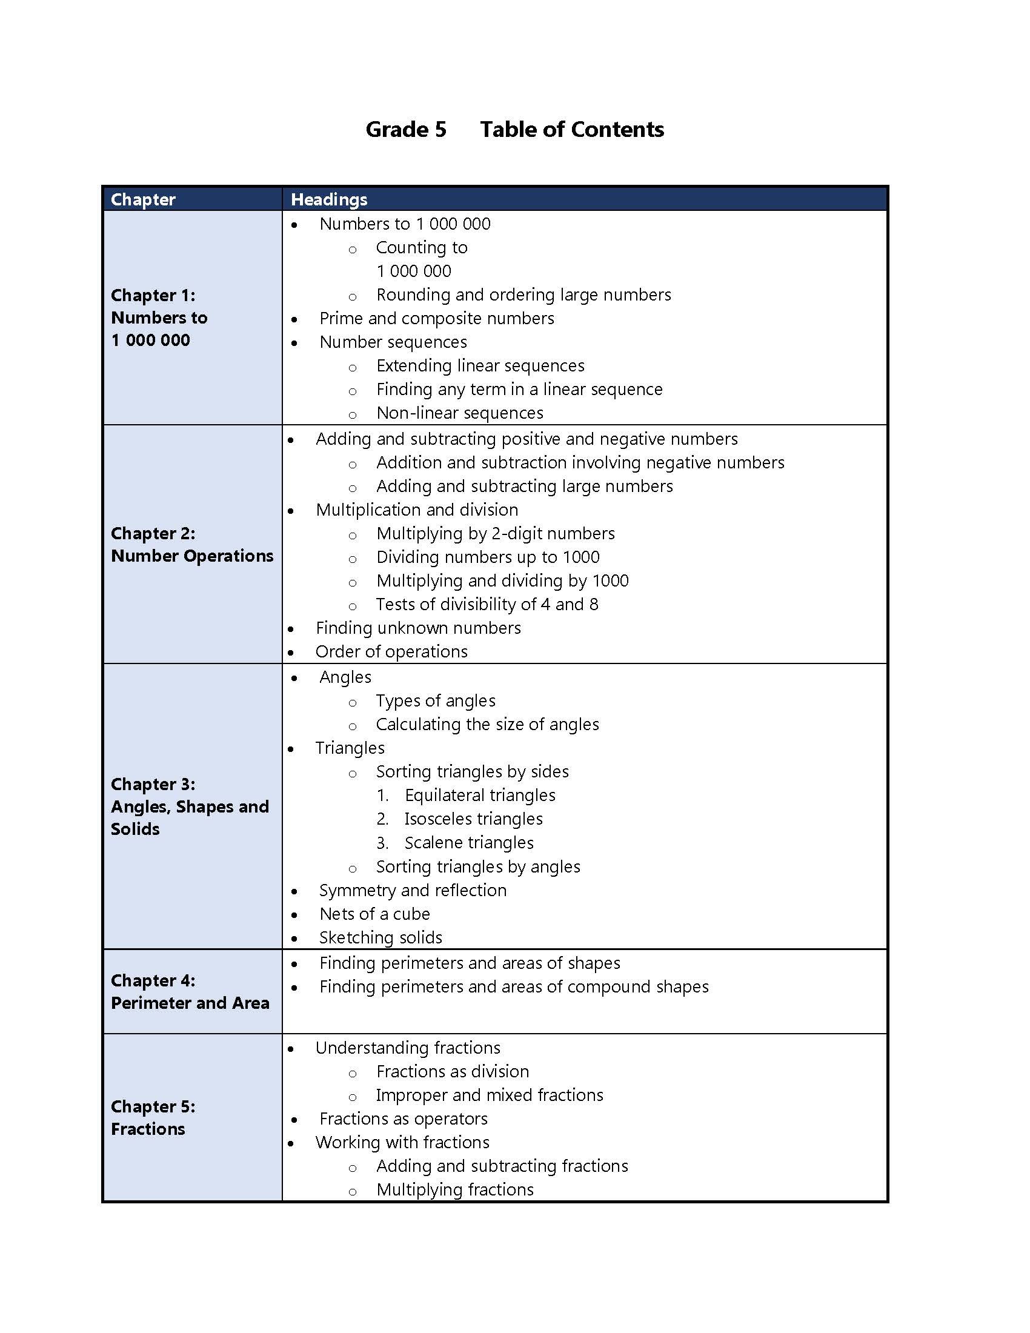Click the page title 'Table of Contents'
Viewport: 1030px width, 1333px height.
572,130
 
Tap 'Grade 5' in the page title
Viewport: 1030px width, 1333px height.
406,130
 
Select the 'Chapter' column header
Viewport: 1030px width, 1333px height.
143,199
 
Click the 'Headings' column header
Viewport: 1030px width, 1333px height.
329,199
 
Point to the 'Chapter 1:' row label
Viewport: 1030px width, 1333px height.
153,296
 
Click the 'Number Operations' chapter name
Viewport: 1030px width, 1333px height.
192,556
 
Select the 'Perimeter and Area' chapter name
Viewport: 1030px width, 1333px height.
190,1003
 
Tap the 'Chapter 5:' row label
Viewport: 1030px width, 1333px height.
153,1106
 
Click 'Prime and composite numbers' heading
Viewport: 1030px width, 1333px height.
436,319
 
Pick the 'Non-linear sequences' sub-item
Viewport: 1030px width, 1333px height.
459,413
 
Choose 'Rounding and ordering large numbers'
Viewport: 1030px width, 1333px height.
523,295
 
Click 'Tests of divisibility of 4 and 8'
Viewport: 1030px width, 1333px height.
487,604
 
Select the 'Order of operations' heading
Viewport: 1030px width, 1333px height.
391,652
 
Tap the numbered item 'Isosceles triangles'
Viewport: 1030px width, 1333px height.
474,819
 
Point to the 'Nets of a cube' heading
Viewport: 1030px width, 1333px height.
374,914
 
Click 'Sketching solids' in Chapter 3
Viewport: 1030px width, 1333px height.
380,937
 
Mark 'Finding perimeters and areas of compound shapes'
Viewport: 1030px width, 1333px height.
514,987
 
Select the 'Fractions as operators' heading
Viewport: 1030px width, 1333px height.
404,1119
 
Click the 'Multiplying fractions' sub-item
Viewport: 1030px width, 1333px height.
454,1189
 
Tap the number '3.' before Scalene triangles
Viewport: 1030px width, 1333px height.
382,843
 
